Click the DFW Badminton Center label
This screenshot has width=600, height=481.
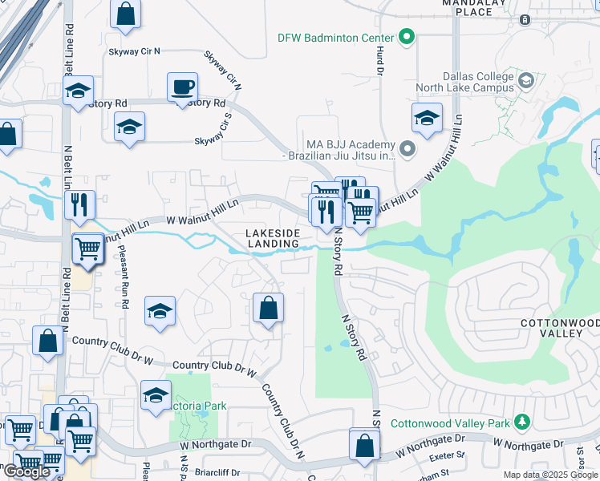[x=335, y=38]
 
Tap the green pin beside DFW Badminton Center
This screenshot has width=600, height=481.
[x=407, y=37]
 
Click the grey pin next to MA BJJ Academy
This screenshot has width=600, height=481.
[x=407, y=148]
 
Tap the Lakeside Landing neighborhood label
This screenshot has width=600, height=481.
[x=273, y=237]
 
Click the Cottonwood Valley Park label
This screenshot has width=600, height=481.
[x=450, y=423]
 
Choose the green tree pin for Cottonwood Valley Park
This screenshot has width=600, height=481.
[x=522, y=422]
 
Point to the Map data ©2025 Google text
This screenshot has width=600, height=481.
[x=551, y=475]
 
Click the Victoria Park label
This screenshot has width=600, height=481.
[x=199, y=406]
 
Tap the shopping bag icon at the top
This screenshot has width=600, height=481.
[x=126, y=14]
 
